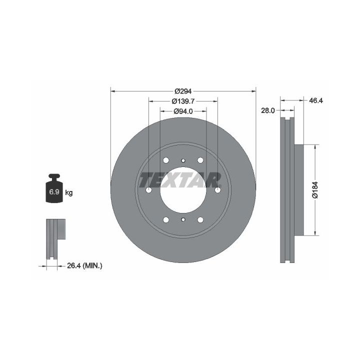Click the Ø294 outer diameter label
[x=183, y=91]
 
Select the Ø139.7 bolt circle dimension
[x=183, y=101]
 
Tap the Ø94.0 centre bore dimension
[x=183, y=111]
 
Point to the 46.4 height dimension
[x=316, y=100]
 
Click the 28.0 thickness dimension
[x=267, y=110]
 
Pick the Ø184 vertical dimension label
[x=315, y=190]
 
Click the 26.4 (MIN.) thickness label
[x=84, y=266]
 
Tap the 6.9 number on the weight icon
[x=54, y=191]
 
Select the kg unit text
[x=69, y=192]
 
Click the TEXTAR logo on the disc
[x=180, y=180]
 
